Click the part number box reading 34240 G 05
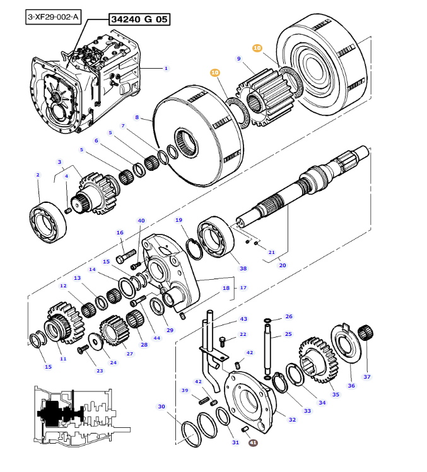pos(139,20)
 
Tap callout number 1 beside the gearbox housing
pos(166,68)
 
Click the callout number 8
pos(137,117)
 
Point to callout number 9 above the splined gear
pos(239,59)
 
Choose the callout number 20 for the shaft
pos(282,265)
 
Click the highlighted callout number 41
pos(253,443)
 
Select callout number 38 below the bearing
pos(243,268)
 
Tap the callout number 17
pos(242,288)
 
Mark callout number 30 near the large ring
pos(161,406)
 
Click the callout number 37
pos(366,377)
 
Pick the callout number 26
pos(289,316)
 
